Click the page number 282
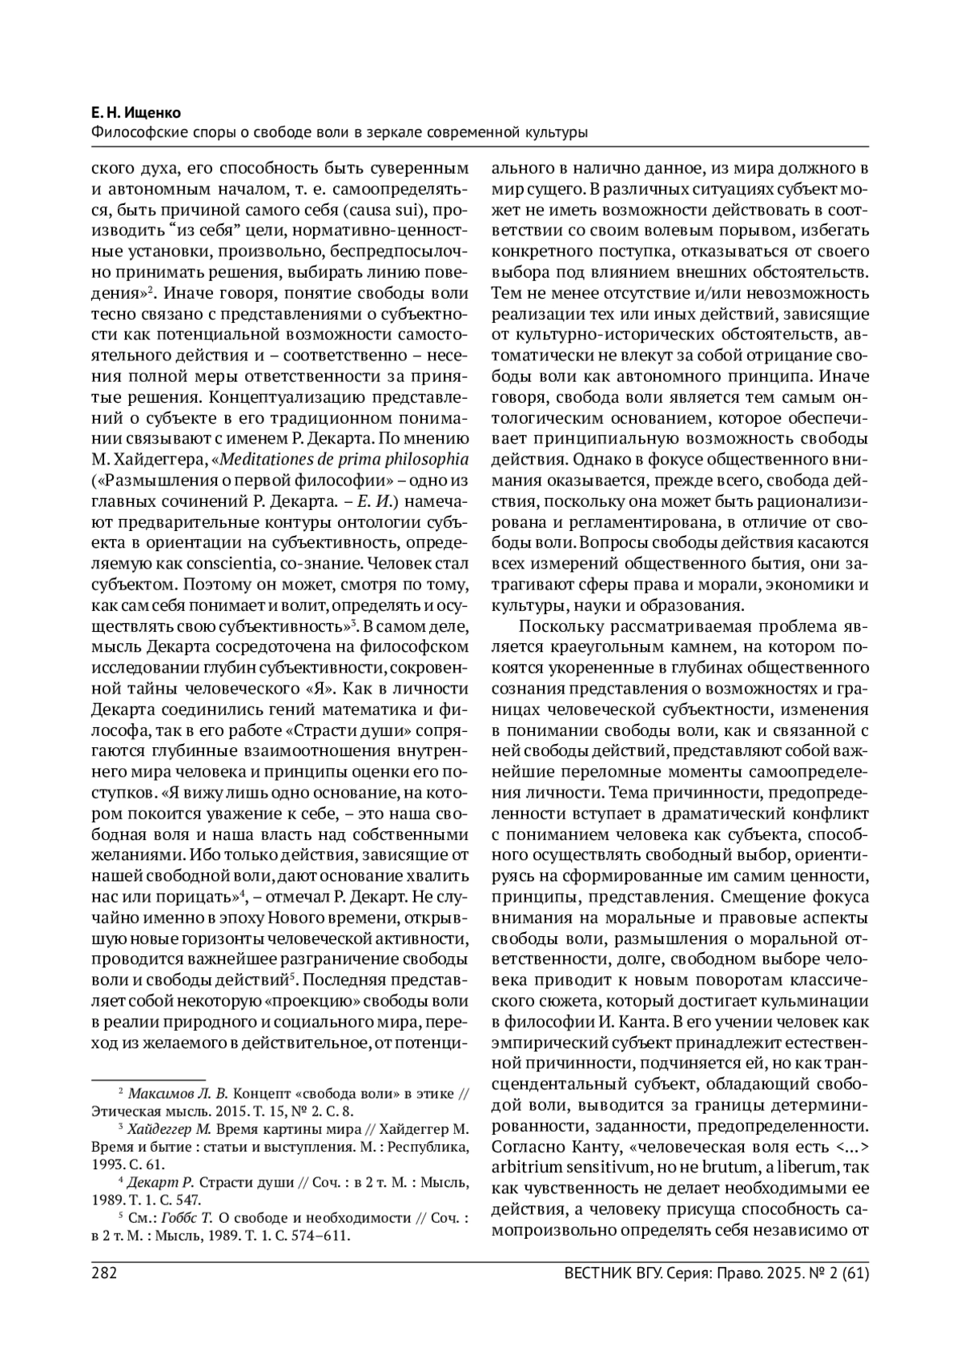coord(105,1273)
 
